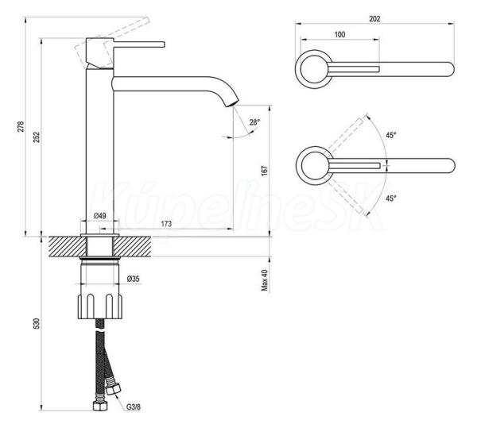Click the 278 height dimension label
(20, 126)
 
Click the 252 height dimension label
(37, 137)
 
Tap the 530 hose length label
(37, 323)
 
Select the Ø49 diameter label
(100, 216)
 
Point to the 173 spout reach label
(166, 224)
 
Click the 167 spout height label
(265, 171)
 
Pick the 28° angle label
(255, 122)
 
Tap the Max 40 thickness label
(265, 280)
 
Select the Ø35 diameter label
(134, 279)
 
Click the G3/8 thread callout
(134, 407)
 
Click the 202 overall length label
(374, 18)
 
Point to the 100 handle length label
(339, 34)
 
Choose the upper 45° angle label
(391, 135)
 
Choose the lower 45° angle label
(391, 199)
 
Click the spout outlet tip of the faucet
(232, 103)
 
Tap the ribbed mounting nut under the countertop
(100, 306)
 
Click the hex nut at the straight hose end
(100, 405)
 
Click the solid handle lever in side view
(139, 44)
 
